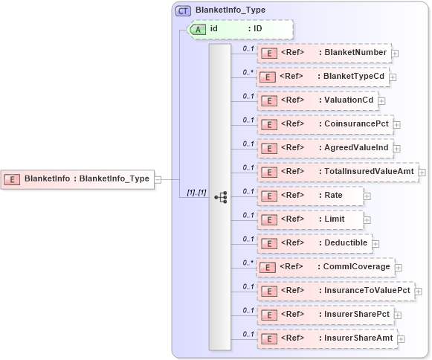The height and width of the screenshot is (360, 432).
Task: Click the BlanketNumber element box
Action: click(x=323, y=53)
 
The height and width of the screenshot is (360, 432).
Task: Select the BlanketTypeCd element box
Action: click(x=323, y=77)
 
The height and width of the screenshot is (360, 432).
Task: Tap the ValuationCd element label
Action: click(x=346, y=100)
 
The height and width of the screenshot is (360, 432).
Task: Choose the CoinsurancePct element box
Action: click(x=324, y=124)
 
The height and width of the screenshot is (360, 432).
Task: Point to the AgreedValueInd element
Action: click(x=324, y=148)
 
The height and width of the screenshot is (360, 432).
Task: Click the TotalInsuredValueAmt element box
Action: click(x=338, y=172)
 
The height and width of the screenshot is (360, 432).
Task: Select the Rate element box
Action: click(x=310, y=196)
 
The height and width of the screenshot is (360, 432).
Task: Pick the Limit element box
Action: click(x=310, y=219)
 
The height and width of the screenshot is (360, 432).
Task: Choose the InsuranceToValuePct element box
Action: click(x=335, y=291)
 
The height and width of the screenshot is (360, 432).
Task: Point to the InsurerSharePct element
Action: click(x=325, y=315)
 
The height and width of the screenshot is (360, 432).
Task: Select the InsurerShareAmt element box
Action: click(x=326, y=338)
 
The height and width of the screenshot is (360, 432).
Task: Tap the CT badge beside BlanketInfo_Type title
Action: click(x=182, y=11)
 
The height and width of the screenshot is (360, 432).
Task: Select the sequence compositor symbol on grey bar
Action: click(x=220, y=197)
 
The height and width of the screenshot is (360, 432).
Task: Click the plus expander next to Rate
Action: click(x=367, y=196)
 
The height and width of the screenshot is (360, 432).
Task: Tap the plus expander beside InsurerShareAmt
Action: click(x=402, y=339)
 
